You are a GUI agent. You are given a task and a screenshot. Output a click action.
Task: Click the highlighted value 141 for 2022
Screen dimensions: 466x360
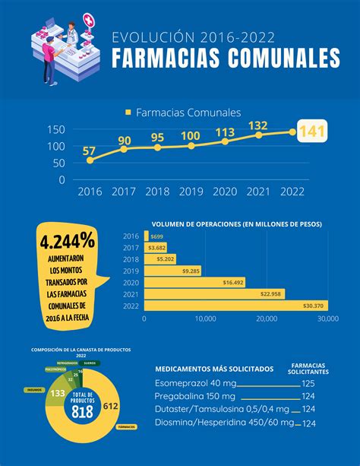(312, 132)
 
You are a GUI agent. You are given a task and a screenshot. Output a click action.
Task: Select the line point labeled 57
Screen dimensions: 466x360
(90, 160)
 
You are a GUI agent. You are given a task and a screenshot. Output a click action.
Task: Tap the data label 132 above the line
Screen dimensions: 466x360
(257, 125)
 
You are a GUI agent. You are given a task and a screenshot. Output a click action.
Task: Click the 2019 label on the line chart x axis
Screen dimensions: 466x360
(191, 192)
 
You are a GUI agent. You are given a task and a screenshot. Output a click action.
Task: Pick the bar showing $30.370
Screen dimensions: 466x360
(235, 306)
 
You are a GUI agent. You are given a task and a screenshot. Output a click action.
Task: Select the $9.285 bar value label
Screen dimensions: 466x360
(191, 271)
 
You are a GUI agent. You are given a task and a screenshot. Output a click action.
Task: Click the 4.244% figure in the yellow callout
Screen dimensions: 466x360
(68, 242)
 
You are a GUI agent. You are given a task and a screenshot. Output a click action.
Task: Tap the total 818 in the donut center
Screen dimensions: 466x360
(82, 411)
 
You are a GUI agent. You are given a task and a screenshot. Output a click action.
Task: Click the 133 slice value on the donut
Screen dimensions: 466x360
(55, 393)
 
